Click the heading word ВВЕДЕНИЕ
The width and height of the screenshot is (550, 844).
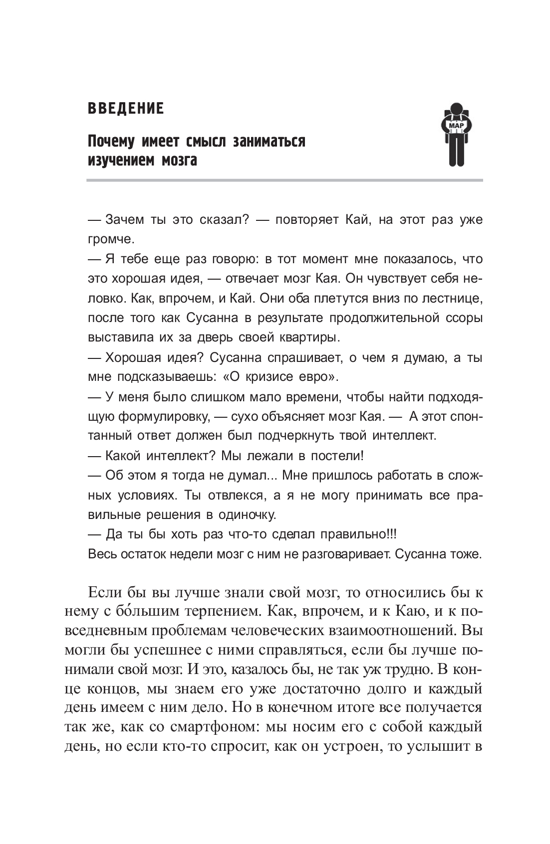click(125, 109)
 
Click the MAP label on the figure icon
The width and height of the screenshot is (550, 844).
click(456, 126)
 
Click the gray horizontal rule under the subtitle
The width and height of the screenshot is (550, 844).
click(284, 180)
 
